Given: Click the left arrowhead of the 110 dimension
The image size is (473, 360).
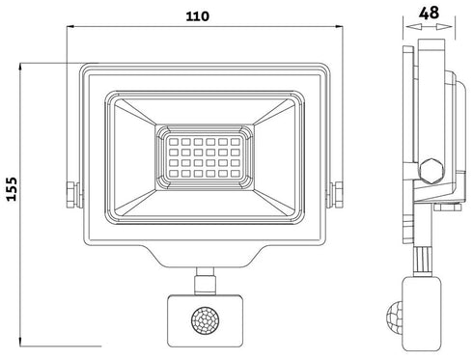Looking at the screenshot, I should pos(70,30).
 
